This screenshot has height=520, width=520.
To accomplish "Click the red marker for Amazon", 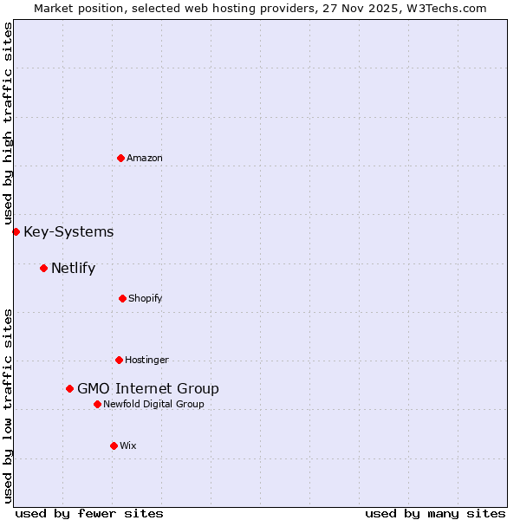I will (120, 158).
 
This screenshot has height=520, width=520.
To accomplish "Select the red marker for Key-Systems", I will (16, 231).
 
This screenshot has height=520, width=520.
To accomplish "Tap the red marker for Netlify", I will (43, 268).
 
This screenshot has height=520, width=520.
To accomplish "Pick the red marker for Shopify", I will (122, 298).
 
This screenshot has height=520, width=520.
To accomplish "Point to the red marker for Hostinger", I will (119, 360).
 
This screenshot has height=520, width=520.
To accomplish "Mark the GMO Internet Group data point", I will (69, 388).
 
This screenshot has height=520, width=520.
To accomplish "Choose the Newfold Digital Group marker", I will (97, 404).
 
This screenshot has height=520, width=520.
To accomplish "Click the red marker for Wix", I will (114, 445).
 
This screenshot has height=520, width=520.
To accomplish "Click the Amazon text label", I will (145, 158).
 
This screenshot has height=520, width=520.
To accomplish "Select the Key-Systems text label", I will (68, 231).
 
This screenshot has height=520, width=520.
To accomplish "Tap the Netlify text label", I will (73, 268).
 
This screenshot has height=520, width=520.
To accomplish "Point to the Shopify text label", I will (146, 298).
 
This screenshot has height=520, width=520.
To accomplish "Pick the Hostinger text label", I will (146, 360).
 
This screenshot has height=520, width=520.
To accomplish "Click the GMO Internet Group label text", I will (148, 388).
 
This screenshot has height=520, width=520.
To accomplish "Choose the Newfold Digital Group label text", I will (153, 404).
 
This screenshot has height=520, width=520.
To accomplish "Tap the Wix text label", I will (128, 445).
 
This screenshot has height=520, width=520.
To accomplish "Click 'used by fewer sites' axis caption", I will (89, 513).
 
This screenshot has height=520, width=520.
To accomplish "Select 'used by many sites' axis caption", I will (435, 513).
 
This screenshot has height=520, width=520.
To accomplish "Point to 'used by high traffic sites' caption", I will (8, 123).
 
